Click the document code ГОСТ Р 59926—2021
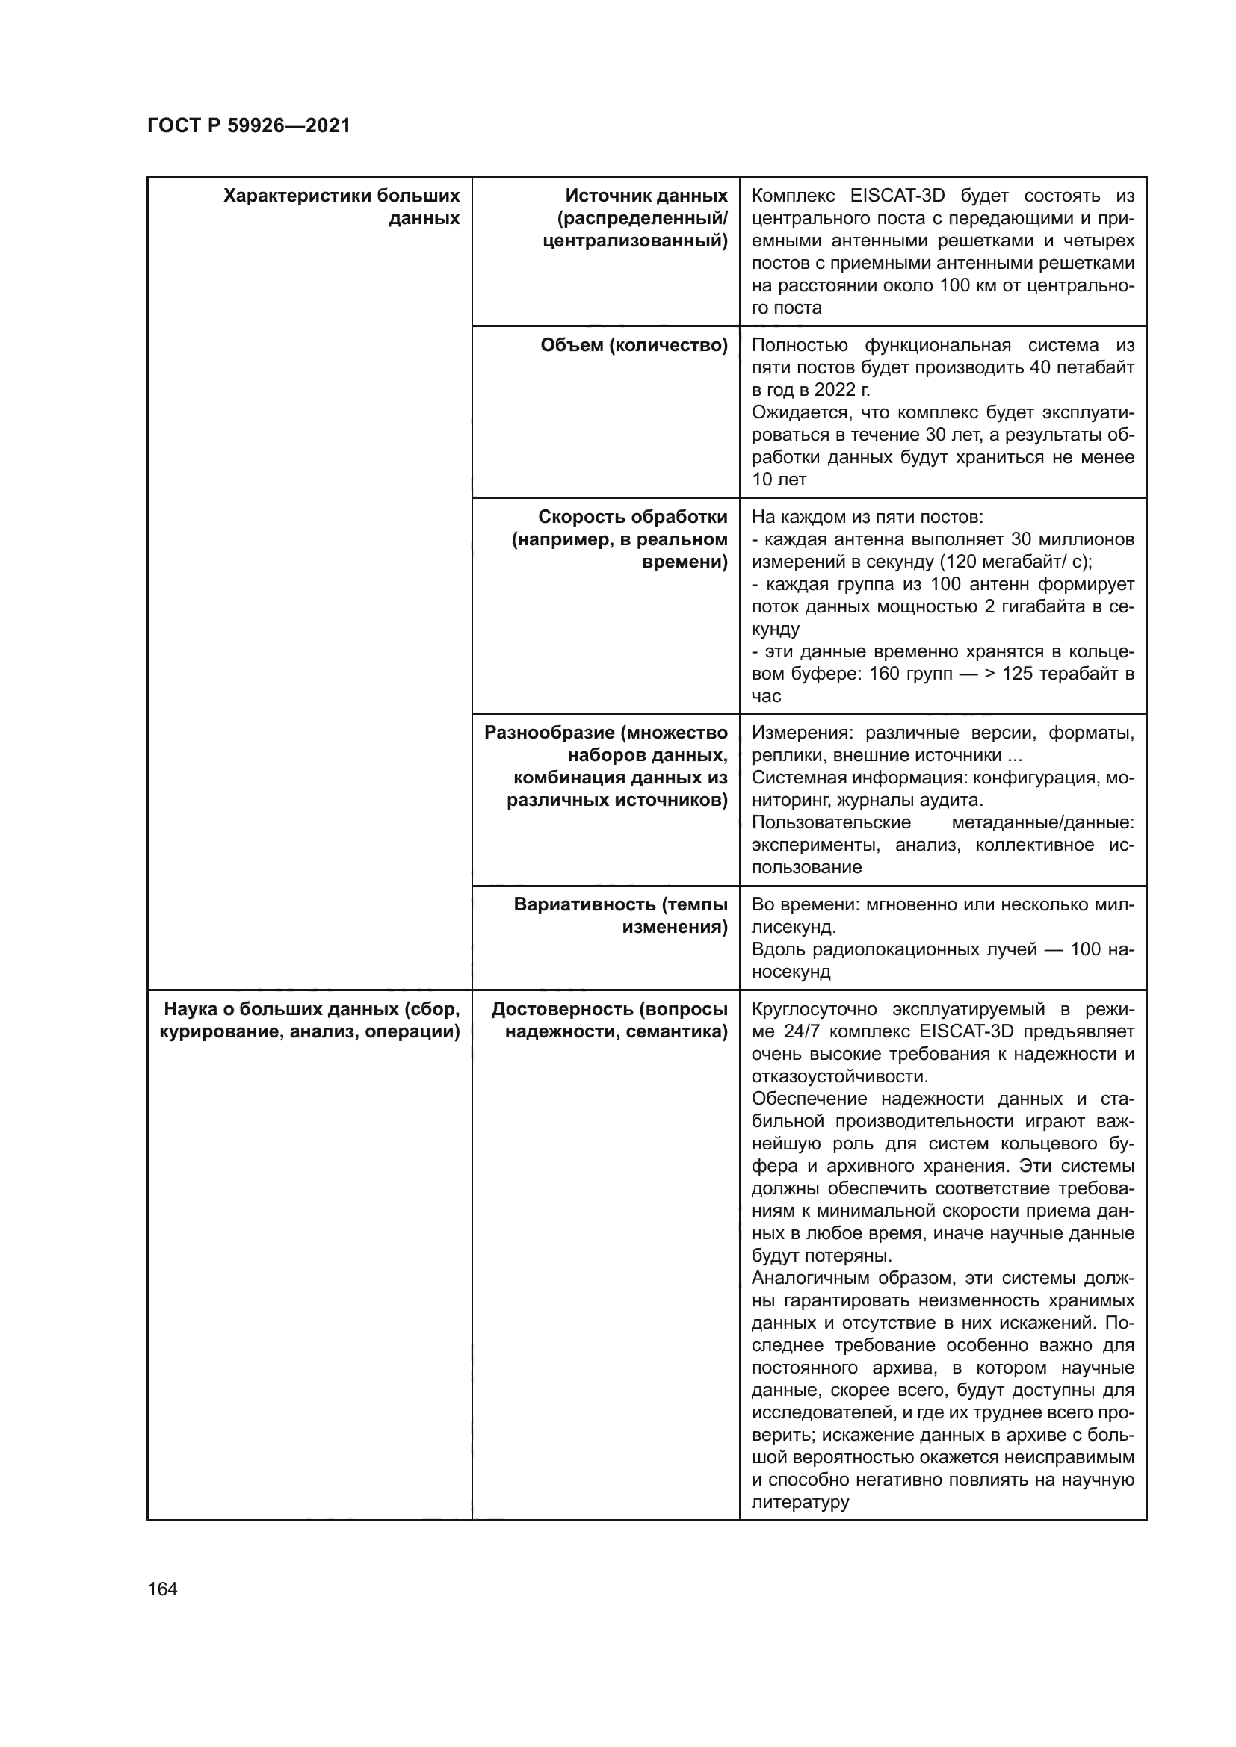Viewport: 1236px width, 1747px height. [249, 125]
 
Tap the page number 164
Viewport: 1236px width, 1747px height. [162, 1589]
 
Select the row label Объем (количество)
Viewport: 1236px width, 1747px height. [634, 346]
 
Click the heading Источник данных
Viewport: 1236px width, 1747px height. [646, 196]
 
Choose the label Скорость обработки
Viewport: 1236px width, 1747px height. [632, 518]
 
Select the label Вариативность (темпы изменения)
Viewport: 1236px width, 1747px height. [620, 916]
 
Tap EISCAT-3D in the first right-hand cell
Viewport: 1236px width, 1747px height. [897, 196]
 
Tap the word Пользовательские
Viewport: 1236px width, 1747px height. [831, 823]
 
